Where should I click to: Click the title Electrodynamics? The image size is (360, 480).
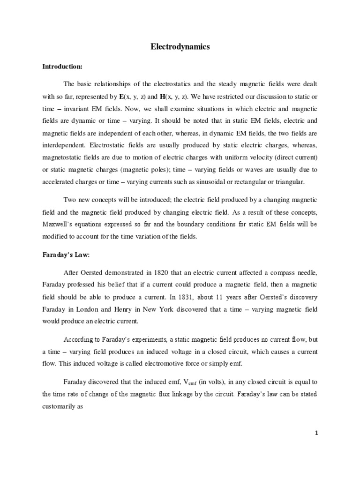click(x=180, y=47)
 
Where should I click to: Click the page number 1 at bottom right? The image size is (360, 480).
click(x=316, y=433)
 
